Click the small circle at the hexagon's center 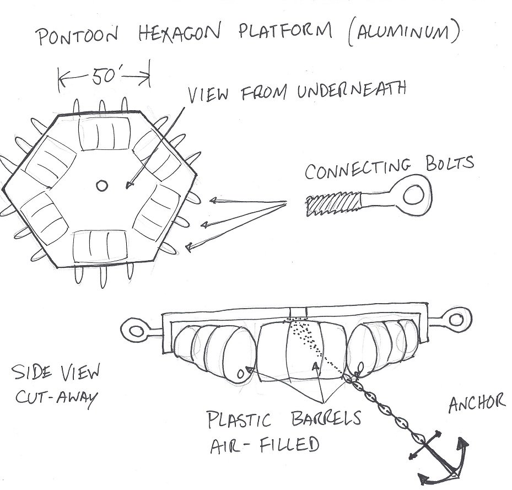[101, 186]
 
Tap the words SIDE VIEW [55, 374]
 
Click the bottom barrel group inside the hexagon [100, 246]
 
